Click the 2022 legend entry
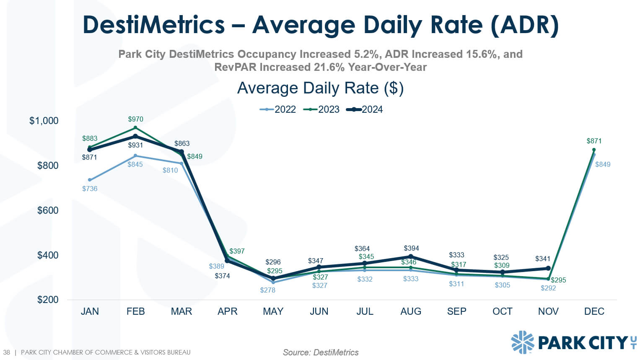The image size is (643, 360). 278,109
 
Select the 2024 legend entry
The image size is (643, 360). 365,109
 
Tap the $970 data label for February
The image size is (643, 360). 135,119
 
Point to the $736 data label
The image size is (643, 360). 90,189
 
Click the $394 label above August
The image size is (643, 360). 411,248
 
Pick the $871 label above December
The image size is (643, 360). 594,141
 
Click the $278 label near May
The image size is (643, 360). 267,290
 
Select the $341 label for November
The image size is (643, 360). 542,259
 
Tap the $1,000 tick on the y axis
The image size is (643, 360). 44,121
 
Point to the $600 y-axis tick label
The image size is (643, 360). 48,210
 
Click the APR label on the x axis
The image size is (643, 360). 227,311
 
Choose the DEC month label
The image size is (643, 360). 594,311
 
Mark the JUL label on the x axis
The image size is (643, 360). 365,311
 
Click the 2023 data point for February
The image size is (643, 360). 135,127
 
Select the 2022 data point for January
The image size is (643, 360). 90,180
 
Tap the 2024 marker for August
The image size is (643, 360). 411,256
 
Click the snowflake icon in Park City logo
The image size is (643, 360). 522,342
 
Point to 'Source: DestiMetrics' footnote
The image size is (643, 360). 321,352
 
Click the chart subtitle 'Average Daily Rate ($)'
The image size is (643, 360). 320,88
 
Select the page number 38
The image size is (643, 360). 7,352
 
